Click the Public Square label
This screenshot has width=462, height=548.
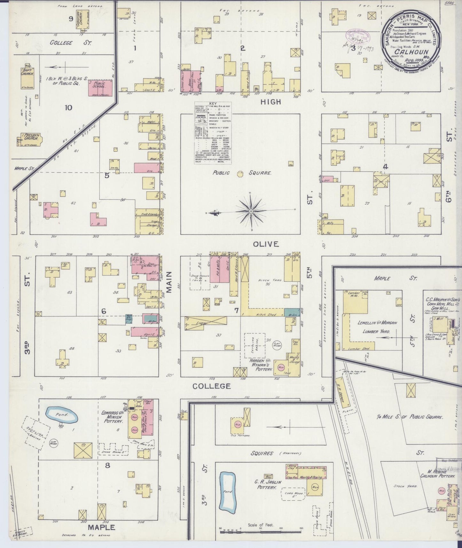click(x=242, y=173)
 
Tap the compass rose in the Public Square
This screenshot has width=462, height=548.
click(x=251, y=211)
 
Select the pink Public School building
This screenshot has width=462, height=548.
click(x=100, y=88)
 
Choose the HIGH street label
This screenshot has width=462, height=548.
click(x=270, y=102)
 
